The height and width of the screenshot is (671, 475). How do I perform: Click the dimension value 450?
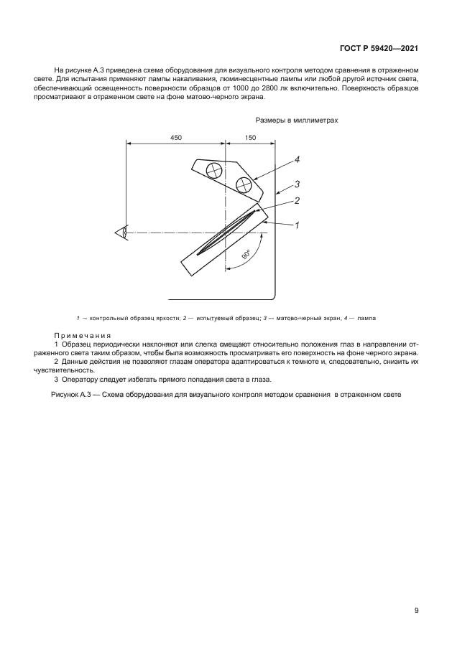point(176,137)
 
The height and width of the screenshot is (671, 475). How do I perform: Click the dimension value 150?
point(250,137)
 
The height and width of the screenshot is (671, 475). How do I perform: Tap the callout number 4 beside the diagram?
point(296,160)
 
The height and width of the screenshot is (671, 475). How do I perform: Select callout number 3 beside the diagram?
point(296,184)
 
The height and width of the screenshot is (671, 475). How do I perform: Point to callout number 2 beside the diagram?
point(296,201)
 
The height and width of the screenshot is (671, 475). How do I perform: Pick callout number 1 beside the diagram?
point(296,225)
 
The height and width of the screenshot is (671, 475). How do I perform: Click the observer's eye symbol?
point(121,233)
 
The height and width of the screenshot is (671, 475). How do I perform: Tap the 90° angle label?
point(245,253)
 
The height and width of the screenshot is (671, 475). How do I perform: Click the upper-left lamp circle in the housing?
point(214,171)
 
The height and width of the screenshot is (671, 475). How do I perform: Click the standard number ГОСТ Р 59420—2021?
point(379,48)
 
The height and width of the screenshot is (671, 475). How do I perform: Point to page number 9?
point(416,611)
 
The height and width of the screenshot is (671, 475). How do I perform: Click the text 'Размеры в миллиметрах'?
point(296,121)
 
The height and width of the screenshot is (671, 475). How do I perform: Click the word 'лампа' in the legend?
point(365,317)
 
